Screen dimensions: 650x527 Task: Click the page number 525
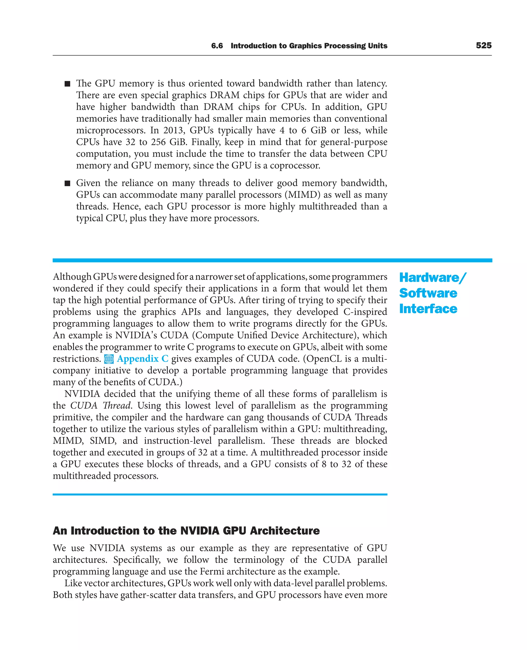click(484, 46)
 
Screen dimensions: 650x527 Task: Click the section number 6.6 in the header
click(217, 46)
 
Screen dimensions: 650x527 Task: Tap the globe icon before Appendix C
click(109, 359)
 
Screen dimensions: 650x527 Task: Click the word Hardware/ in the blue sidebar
click(433, 277)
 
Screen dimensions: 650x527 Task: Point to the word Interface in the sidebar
click(428, 309)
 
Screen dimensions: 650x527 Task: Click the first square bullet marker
click(67, 84)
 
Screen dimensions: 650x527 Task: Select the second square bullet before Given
click(67, 183)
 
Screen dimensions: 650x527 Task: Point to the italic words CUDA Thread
click(100, 405)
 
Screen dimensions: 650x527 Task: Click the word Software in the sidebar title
click(428, 293)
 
